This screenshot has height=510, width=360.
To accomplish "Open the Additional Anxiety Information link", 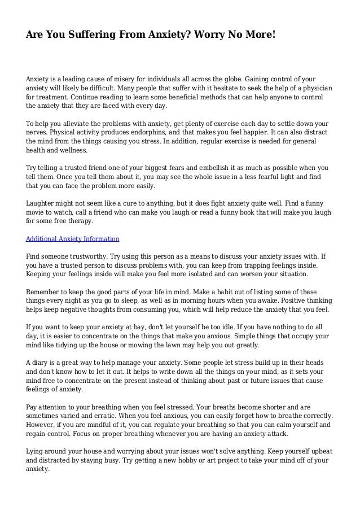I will (73, 239).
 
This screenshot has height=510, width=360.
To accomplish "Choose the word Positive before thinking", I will (300, 301).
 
